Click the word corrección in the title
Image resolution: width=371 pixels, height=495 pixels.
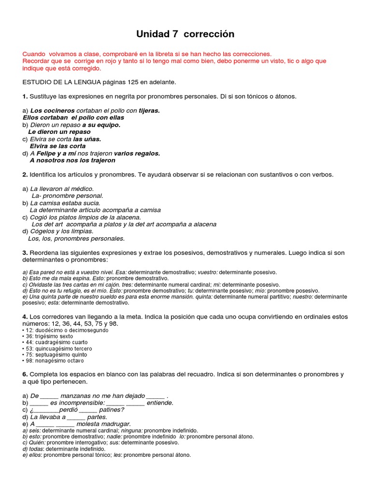(x=209, y=34)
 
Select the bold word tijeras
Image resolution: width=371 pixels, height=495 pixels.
(x=149, y=110)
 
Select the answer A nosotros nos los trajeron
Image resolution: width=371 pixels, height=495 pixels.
(x=72, y=160)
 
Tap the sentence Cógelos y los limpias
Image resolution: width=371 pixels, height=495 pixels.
(x=62, y=231)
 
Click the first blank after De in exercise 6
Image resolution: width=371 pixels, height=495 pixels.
(x=48, y=396)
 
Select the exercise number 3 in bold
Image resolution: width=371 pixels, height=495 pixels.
(x=25, y=252)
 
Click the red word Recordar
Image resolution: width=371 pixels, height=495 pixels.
(x=37, y=61)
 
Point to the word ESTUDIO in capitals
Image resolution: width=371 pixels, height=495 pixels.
(x=37, y=82)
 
